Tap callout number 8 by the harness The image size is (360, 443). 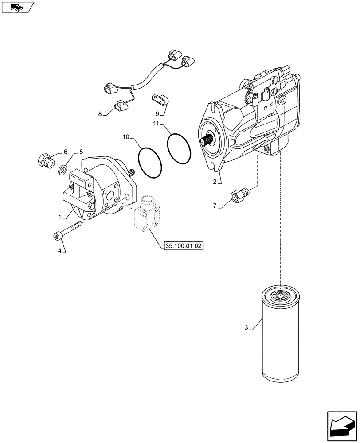click(100, 114)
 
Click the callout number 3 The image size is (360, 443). click(246, 328)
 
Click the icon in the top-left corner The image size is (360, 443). click(17, 7)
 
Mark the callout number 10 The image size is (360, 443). click(125, 137)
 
